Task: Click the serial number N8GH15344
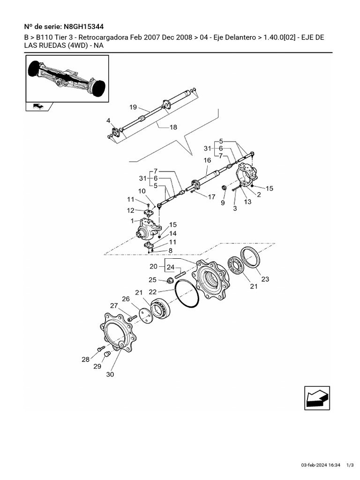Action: [89, 26]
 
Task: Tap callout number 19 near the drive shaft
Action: [133, 106]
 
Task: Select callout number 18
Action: [173, 127]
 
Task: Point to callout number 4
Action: [108, 121]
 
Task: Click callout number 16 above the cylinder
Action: [207, 160]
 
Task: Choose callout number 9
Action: [223, 203]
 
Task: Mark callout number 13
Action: [247, 202]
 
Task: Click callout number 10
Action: [141, 191]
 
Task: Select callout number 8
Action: [170, 250]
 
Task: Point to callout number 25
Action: [152, 280]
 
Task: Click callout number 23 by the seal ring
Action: [265, 279]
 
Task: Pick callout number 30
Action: [110, 375]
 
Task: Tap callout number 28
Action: [85, 360]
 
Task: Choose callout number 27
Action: [114, 306]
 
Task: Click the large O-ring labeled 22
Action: [187, 294]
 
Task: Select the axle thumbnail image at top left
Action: [67, 78]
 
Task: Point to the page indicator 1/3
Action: [350, 465]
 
